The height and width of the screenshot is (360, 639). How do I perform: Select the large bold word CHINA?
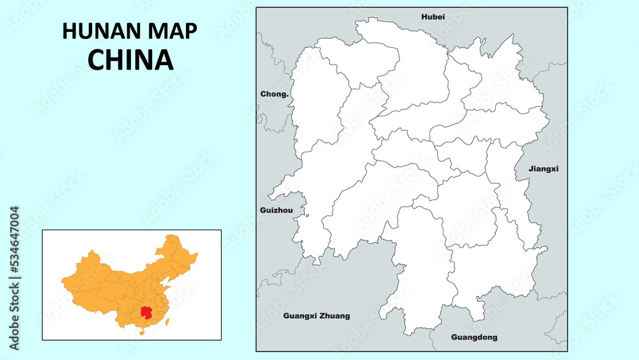click(131, 59)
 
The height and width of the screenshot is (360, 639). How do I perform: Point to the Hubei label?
click(433, 17)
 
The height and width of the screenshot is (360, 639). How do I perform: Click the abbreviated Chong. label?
click(274, 94)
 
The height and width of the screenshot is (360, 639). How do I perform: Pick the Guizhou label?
click(277, 210)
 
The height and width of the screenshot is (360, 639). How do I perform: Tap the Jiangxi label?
click(544, 169)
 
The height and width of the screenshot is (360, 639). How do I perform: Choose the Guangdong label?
click(473, 337)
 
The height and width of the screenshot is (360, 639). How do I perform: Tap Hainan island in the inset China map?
click(142, 333)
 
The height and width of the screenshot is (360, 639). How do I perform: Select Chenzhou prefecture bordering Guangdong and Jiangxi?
click(492, 269)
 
